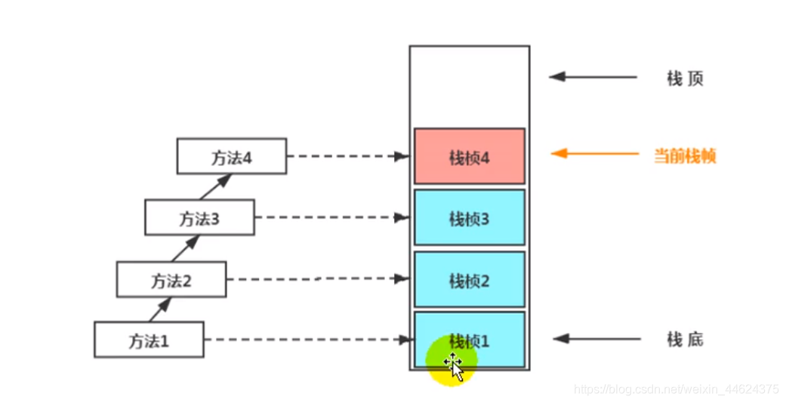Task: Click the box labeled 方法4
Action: click(231, 156)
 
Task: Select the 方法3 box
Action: click(199, 219)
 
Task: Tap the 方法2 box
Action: click(171, 279)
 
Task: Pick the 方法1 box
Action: click(149, 340)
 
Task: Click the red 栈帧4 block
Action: click(469, 156)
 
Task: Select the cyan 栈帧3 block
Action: click(469, 218)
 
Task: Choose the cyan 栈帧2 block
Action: click(469, 279)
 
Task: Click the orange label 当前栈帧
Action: click(684, 156)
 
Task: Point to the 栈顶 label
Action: click(685, 78)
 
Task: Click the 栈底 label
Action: click(685, 340)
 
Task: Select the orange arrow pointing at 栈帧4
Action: click(594, 154)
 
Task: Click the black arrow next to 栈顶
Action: click(593, 76)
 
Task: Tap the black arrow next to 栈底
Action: click(593, 339)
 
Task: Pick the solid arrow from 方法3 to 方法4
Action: click(216, 187)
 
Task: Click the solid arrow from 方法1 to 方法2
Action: click(159, 309)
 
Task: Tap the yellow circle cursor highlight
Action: click(451, 361)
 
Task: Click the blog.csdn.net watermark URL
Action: click(676, 389)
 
